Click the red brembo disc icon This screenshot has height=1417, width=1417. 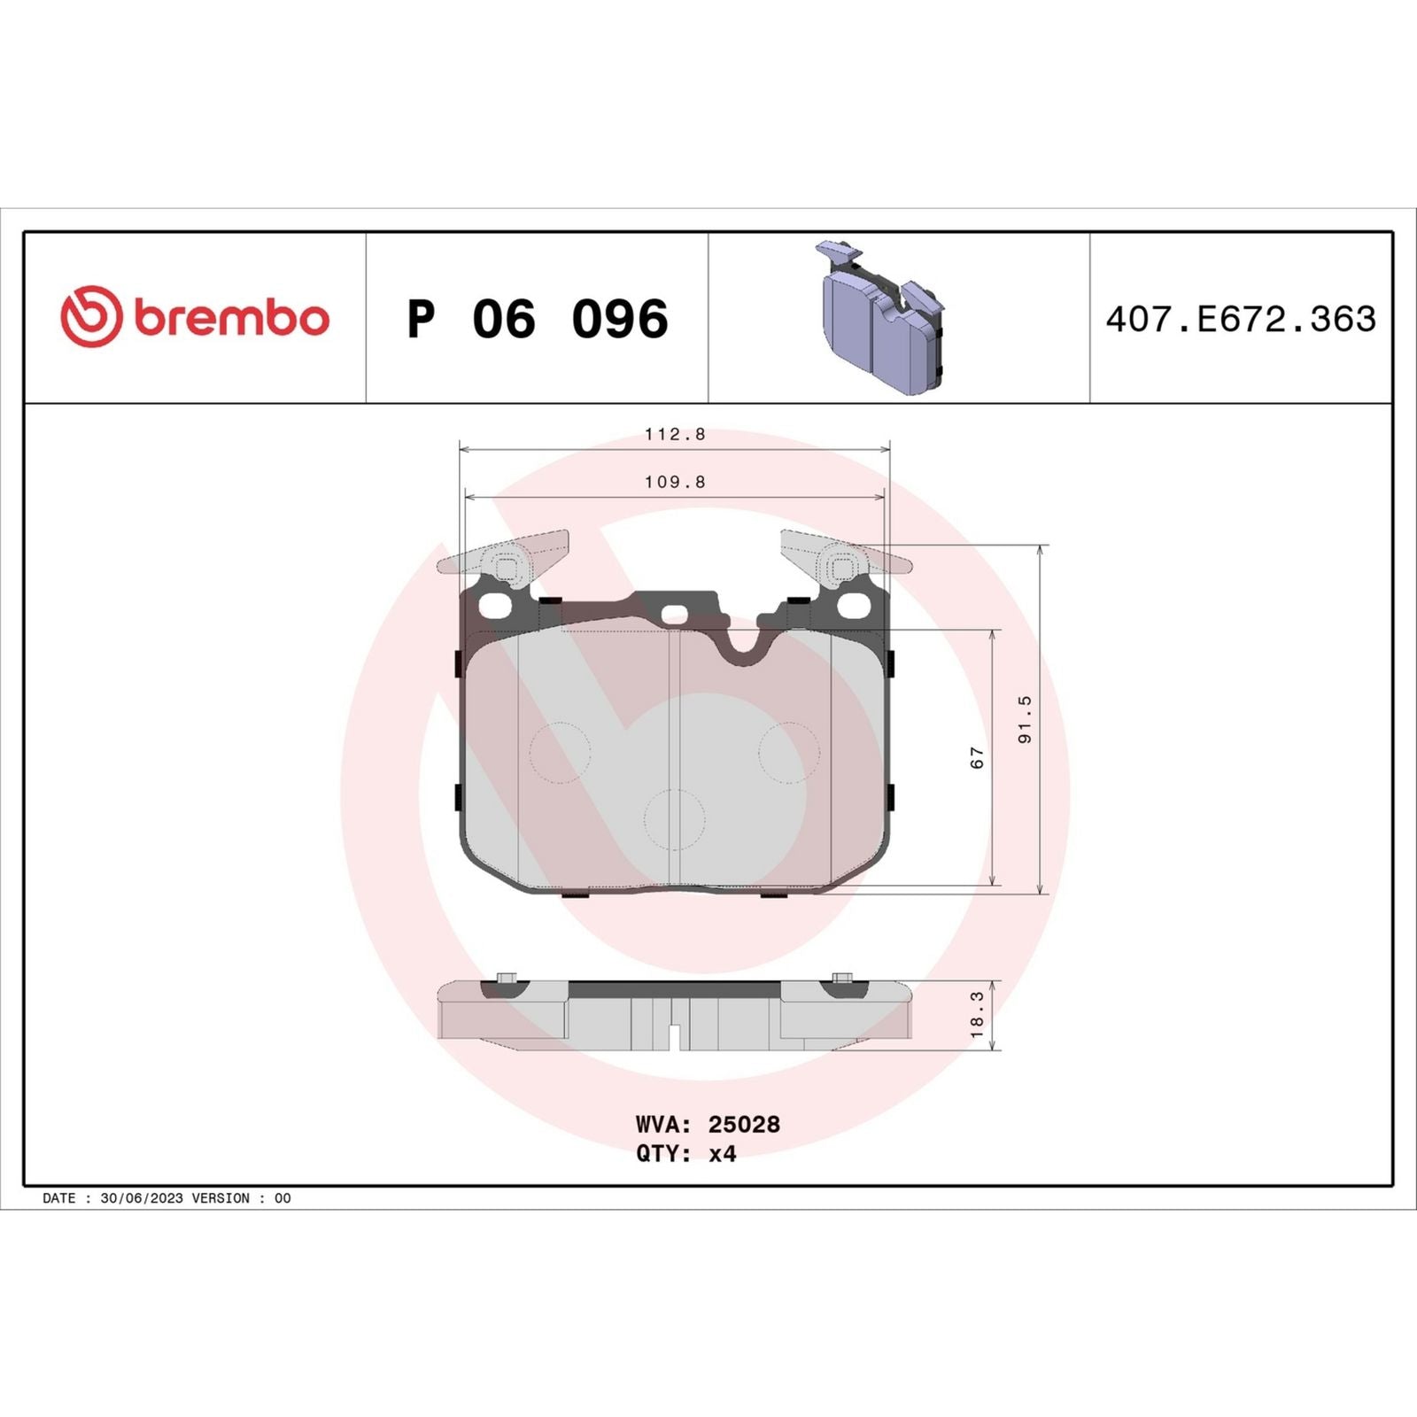click(x=90, y=316)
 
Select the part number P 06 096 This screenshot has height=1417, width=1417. click(x=538, y=319)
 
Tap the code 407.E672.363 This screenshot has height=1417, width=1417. click(x=1241, y=319)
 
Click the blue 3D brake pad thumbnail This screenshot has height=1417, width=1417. click(x=881, y=319)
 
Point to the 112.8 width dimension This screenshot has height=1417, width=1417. click(x=675, y=434)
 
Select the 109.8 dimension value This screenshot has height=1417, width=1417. click(x=675, y=482)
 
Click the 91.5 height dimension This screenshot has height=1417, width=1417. click(x=1025, y=719)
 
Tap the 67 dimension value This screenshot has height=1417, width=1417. click(x=977, y=757)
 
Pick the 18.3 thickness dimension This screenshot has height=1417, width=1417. click(x=977, y=1015)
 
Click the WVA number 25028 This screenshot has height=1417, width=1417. click(x=744, y=1125)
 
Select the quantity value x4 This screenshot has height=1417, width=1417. click(x=722, y=1154)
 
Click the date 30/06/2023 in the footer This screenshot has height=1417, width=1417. click(x=142, y=1198)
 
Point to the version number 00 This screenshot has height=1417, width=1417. click(x=283, y=1198)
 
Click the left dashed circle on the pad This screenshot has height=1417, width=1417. click(x=560, y=753)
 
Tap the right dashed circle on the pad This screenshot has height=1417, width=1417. click(x=789, y=753)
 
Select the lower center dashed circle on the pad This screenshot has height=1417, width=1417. click(x=675, y=819)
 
